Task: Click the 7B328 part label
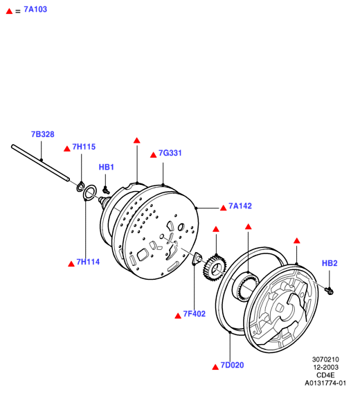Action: [43, 134]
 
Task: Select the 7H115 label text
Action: [84, 147]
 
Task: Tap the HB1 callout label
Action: [106, 167]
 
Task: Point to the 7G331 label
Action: [170, 153]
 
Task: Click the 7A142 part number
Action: [240, 206]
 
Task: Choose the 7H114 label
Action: [88, 262]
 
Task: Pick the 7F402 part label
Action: [195, 314]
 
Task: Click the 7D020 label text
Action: [232, 365]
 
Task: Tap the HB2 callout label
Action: [330, 263]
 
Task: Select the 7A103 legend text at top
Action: [35, 9]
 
